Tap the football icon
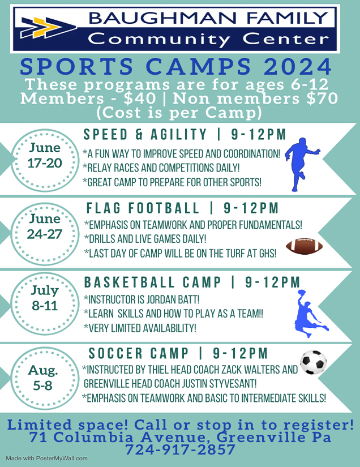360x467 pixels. [x=304, y=246]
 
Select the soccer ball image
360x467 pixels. [x=313, y=362]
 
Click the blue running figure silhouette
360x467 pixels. [x=301, y=164]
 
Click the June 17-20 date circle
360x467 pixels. [x=45, y=160]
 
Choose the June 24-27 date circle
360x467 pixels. [x=45, y=234]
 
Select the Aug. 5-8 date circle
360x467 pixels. [x=45, y=378]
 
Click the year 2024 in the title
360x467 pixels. [x=298, y=66]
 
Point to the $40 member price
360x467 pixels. [x=140, y=98]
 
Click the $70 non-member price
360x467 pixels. [x=323, y=98]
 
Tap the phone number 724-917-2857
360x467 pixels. [x=180, y=449]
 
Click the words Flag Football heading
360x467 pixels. [x=143, y=208]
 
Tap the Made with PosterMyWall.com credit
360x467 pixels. [x=47, y=459]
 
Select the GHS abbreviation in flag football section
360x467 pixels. [x=268, y=254]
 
